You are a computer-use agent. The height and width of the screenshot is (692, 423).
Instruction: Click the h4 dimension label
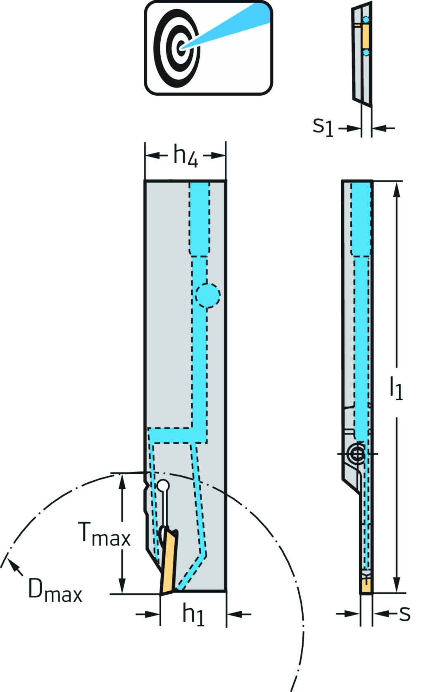coord(185,156)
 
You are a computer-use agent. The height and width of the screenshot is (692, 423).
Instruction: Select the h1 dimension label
coord(193,614)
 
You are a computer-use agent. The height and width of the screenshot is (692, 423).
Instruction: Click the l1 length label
coord(396,388)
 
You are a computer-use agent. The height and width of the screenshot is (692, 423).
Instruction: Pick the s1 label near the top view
coord(323,126)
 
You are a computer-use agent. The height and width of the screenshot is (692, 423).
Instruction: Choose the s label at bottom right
coord(405,614)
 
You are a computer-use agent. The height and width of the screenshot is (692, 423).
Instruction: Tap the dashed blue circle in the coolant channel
coord(207,295)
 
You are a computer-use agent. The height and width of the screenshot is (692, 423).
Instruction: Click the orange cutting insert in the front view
coord(169,563)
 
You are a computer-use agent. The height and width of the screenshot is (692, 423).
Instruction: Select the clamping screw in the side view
coord(356,454)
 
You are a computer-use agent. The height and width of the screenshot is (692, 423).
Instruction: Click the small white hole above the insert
coord(163,485)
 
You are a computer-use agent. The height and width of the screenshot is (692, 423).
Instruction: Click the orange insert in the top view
coord(365,36)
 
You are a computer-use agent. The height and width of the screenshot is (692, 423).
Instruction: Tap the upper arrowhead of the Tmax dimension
coord(122,479)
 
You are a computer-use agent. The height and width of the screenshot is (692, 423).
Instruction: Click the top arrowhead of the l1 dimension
coord(397,188)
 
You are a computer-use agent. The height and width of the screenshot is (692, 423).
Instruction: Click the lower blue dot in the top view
coord(366,53)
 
